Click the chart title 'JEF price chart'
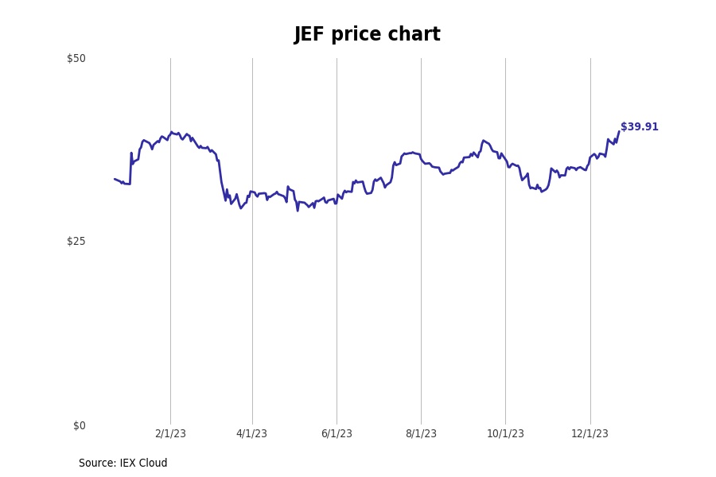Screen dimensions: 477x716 (367, 35)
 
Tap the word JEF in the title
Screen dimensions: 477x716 (309, 35)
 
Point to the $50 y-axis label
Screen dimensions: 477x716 (76, 58)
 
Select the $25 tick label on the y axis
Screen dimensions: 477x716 (76, 241)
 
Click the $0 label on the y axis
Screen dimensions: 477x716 (80, 425)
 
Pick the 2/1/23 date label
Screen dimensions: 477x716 (170, 434)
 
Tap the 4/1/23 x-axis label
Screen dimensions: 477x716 (252, 434)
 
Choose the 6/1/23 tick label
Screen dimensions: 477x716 (337, 434)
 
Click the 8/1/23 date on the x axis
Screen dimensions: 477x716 (421, 434)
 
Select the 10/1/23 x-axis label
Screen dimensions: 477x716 (505, 434)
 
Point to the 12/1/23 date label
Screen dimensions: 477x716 (590, 434)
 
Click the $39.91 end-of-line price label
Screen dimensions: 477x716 (640, 127)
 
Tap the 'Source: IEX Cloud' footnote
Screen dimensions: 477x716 (123, 463)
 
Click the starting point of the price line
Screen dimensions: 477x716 (115, 179)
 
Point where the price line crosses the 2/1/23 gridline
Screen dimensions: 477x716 (170, 133)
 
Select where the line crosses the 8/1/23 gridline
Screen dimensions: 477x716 (421, 157)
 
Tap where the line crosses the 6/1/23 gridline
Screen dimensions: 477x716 (337, 202)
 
